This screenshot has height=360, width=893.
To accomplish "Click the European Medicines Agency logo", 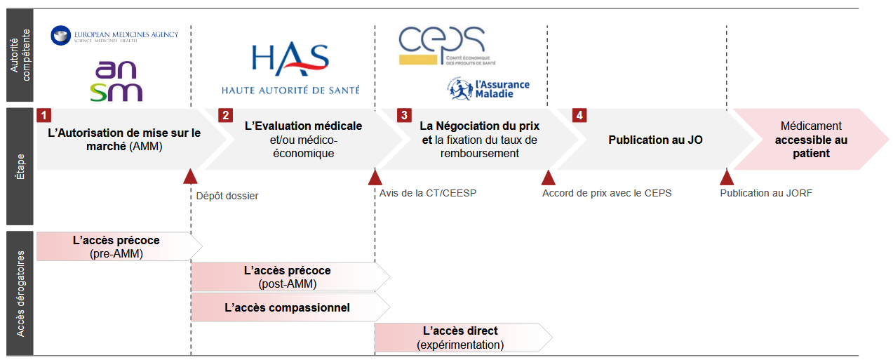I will [x=115, y=34].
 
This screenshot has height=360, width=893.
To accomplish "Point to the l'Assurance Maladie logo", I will [x=488, y=87].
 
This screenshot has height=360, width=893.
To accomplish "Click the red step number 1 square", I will [x=43, y=115].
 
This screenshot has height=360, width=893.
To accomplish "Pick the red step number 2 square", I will [x=225, y=115].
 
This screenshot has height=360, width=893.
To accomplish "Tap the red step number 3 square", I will [x=403, y=115].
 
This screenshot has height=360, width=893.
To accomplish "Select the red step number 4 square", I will [x=579, y=115].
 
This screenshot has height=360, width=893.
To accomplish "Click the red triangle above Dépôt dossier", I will [x=190, y=176].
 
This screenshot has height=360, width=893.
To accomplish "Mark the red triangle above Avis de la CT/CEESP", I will [x=375, y=176].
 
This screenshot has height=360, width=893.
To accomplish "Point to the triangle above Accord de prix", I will [x=548, y=176].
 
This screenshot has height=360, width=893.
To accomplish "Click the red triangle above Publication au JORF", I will [x=727, y=176].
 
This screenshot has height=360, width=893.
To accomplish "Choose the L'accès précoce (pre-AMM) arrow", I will [x=117, y=246].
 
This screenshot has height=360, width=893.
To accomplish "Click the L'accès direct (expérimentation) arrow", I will [x=461, y=338].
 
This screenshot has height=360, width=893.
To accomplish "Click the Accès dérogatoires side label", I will [x=20, y=293].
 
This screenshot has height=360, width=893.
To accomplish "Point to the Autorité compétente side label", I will [x=20, y=55].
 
